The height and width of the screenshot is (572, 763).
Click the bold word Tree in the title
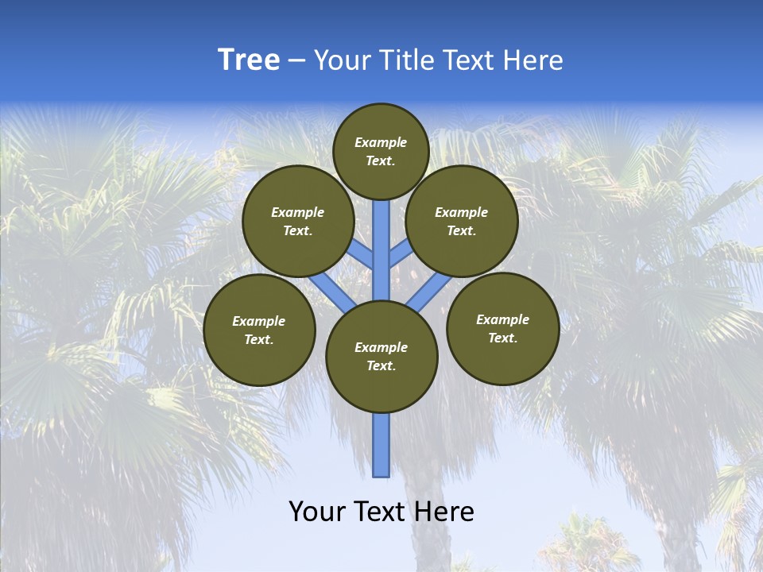point(249,60)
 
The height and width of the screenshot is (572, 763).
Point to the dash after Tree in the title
point(296,61)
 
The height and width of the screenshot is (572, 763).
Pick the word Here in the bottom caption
point(444,512)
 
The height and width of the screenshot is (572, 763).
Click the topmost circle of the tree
point(381,151)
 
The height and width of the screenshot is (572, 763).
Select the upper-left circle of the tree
point(298,221)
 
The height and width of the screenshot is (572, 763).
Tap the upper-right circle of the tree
point(462,221)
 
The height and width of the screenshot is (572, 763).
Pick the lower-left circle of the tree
point(259,330)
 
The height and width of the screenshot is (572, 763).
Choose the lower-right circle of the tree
point(502,328)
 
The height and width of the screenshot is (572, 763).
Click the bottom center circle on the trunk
point(381,356)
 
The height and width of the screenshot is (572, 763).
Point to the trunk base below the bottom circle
point(381,445)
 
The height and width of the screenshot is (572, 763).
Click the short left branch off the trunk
point(362,254)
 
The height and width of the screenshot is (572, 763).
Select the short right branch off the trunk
point(400,254)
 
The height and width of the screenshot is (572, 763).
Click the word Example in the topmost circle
point(381,142)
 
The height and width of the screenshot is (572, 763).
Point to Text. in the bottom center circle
point(381,365)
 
